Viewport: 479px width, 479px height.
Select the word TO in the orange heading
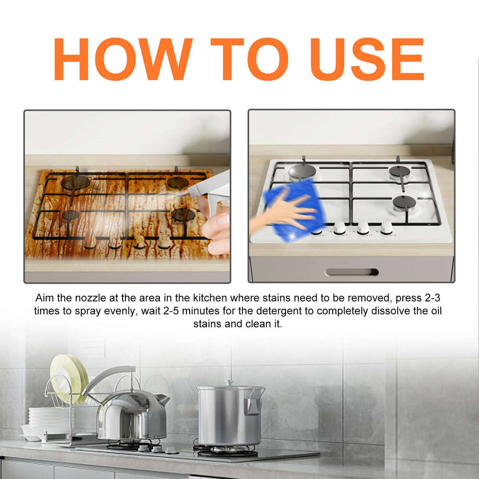249,59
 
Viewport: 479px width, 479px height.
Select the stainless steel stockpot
230,414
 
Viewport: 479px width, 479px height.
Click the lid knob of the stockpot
230,383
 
